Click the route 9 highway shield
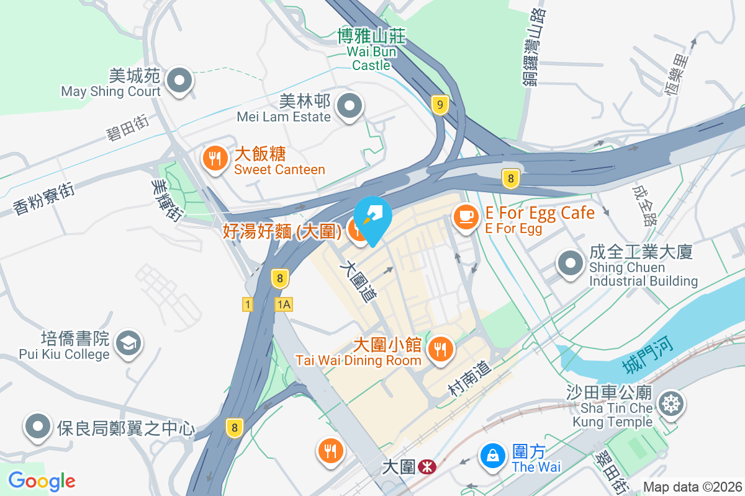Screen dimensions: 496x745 tap(440, 105)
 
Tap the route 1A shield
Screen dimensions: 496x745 tap(284, 304)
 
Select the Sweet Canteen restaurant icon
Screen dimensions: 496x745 tap(214, 158)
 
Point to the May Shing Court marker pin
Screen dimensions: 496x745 tap(181, 81)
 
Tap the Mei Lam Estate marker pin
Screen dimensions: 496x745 tap(350, 106)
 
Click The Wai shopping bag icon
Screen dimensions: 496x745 tap(492, 457)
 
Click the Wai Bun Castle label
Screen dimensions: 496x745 tap(372, 51)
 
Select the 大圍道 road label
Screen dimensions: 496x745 tap(359, 281)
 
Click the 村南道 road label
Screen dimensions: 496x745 tap(469, 379)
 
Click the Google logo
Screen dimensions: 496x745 tap(42, 480)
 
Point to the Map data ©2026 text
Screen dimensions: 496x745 tap(692, 487)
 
